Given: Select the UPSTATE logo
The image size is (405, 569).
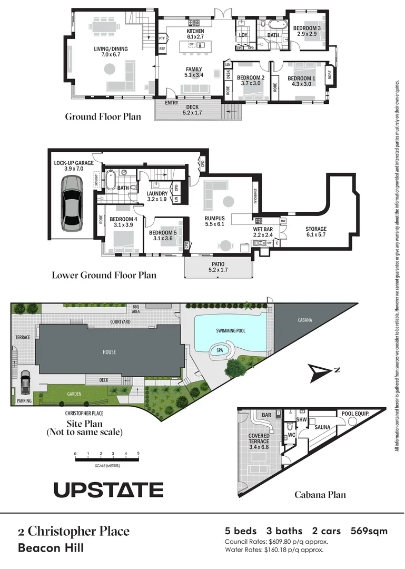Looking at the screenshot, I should [x=108, y=489].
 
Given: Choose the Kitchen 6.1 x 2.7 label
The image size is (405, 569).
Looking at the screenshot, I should [x=195, y=34].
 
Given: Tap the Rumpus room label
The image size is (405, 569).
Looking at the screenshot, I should [x=215, y=221].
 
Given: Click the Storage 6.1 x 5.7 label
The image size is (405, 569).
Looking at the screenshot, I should [x=316, y=232].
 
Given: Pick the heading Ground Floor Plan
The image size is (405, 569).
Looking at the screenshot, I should [x=103, y=116].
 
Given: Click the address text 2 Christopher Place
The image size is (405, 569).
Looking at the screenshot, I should [x=74, y=531].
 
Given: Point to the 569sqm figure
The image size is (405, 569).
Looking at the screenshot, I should [x=369, y=531].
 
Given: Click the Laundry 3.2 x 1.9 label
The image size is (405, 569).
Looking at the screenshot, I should [x=157, y=197].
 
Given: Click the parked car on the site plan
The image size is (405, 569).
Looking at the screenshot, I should [x=25, y=383].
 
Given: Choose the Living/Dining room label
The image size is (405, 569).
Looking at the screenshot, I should [x=111, y=52].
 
